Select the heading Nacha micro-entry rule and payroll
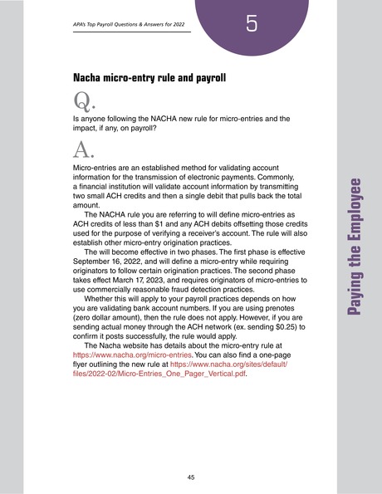click(150, 80)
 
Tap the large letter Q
click(84, 102)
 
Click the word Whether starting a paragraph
click(103, 284)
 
